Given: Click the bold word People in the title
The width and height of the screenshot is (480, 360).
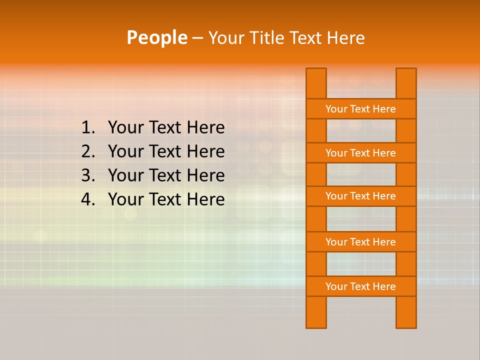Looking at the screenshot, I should [156, 37].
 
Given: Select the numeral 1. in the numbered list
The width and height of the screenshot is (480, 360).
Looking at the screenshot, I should [88, 128].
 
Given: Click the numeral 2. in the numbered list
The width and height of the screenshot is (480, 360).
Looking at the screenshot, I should [88, 151].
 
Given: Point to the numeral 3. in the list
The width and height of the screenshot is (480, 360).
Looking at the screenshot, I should [88, 175].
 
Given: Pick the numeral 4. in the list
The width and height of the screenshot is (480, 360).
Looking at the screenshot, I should [88, 199].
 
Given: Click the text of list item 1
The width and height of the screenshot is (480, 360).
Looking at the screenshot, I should [166, 128].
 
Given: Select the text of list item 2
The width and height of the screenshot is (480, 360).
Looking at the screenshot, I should [166, 151].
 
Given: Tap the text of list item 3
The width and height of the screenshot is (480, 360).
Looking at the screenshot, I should [166, 175].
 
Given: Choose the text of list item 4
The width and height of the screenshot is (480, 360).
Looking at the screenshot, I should [166, 199].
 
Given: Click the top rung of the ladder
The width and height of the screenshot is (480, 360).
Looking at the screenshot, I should [360, 109].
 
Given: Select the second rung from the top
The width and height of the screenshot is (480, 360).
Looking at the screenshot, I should [360, 153].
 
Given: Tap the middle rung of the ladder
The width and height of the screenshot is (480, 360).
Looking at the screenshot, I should [360, 196].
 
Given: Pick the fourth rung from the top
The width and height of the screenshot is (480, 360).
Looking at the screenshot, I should [360, 242].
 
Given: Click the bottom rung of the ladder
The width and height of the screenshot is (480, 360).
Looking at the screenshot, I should [360, 286].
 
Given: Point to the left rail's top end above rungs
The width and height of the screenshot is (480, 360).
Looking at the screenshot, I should [316, 83].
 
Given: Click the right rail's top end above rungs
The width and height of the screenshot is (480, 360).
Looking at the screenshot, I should [406, 83].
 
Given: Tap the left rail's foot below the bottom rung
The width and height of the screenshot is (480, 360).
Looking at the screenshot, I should [316, 312].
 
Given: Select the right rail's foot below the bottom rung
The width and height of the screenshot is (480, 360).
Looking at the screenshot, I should [406, 312].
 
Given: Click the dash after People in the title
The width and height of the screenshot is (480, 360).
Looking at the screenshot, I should [197, 38].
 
